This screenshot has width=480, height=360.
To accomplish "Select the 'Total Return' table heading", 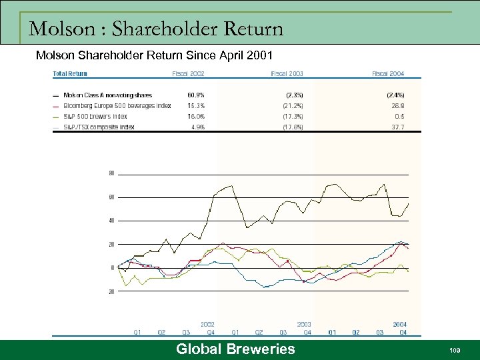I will [69, 73].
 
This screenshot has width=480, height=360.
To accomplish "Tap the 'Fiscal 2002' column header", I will [188, 73].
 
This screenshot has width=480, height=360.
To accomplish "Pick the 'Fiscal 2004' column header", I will [388, 73].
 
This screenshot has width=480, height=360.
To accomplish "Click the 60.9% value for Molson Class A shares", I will [195, 95].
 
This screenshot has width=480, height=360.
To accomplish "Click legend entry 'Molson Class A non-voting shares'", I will [107, 95].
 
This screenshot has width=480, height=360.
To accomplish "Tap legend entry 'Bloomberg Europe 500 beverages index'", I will [117, 105].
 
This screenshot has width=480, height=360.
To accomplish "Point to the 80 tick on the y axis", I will [111, 173].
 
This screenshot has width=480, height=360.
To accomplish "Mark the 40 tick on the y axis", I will [111, 220].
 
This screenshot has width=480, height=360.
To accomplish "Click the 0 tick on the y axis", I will [113, 267].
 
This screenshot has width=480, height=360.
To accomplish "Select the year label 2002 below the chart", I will [207, 324].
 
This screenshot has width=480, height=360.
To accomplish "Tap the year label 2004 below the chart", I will [399, 324].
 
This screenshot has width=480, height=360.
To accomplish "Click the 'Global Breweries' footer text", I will [235, 349].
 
